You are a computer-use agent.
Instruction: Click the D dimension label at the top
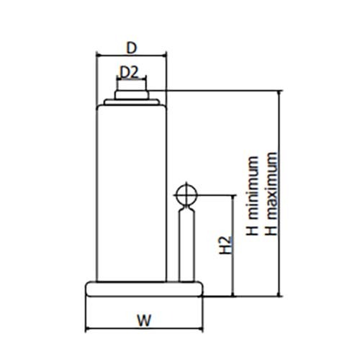tap(132, 48)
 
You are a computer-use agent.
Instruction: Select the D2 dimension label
tap(130, 73)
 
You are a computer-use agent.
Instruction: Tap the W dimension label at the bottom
tap(144, 320)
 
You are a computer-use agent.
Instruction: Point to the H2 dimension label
tap(225, 245)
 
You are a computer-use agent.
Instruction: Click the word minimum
tap(253, 188)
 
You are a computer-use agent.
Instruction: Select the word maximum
tap(271, 186)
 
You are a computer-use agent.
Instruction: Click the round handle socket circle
tap(186, 194)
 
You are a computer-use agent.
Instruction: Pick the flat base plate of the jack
tap(144, 289)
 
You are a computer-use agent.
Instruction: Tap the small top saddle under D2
tap(132, 94)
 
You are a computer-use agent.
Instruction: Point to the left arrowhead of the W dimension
tap(87, 329)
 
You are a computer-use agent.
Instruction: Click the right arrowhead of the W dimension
tap(201, 329)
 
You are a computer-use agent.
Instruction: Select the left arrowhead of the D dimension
tap(98, 55)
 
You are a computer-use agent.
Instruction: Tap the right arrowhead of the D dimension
tap(164, 55)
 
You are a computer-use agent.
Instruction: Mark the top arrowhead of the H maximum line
tap(279, 93)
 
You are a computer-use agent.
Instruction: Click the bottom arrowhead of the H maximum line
tap(279, 294)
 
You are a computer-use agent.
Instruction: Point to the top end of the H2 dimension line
tap(233, 195)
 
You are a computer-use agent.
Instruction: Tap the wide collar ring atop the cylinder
tap(132, 102)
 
